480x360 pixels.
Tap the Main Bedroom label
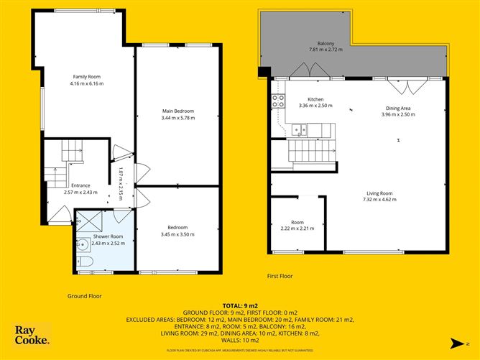click(x=178, y=111)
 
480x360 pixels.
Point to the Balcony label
click(x=326, y=43)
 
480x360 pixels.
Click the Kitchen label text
click(x=316, y=98)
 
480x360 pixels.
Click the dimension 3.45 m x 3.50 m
click(x=177, y=234)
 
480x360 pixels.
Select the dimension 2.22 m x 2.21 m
click(x=297, y=229)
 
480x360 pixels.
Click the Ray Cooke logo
click(x=32, y=336)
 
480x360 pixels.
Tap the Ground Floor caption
click(x=85, y=295)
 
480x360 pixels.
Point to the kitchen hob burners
click(x=277, y=101)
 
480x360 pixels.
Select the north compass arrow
click(x=468, y=343)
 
